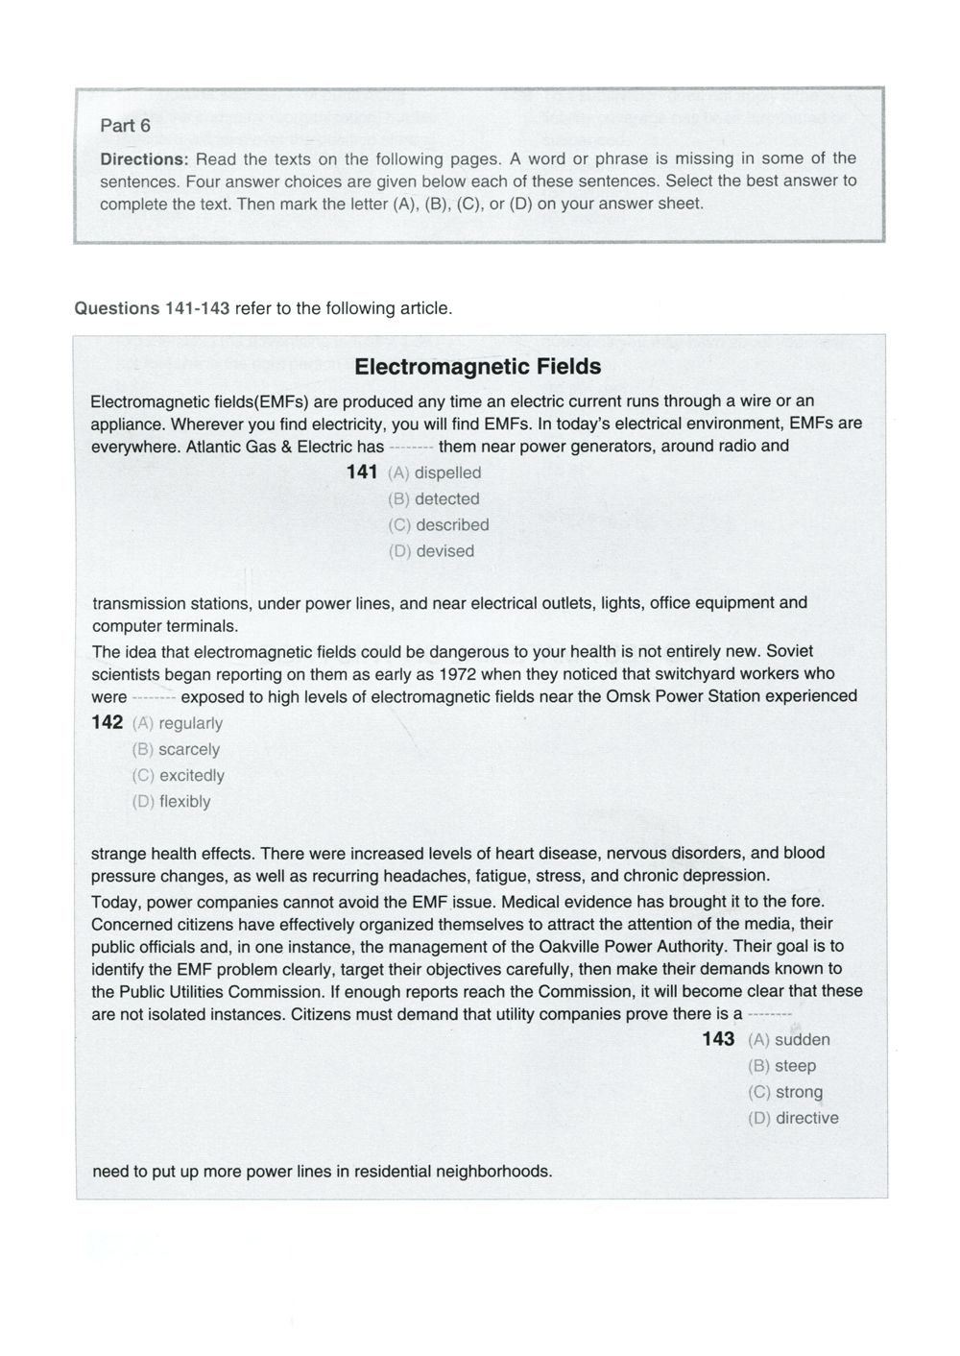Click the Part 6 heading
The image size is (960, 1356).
[126, 126]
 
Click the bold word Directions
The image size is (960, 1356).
[142, 158]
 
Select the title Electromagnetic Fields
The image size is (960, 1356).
[477, 367]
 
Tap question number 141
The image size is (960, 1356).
[362, 472]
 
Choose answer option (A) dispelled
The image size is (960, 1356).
[435, 472]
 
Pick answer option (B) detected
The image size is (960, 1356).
[434, 499]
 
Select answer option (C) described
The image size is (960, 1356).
[439, 525]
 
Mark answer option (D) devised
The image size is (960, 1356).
[431, 551]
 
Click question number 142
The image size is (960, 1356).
[108, 723]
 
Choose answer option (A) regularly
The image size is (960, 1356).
[178, 723]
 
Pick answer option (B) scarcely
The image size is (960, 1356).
[177, 750]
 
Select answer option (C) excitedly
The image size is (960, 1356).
[179, 776]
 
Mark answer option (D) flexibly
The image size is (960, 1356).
[172, 802]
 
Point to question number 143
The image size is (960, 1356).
[718, 1039]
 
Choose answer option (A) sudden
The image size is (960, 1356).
[789, 1040]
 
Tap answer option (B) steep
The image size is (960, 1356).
[782, 1066]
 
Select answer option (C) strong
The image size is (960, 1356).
[785, 1092]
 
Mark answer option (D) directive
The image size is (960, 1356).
[794, 1119]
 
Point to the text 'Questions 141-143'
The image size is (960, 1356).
[152, 308]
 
